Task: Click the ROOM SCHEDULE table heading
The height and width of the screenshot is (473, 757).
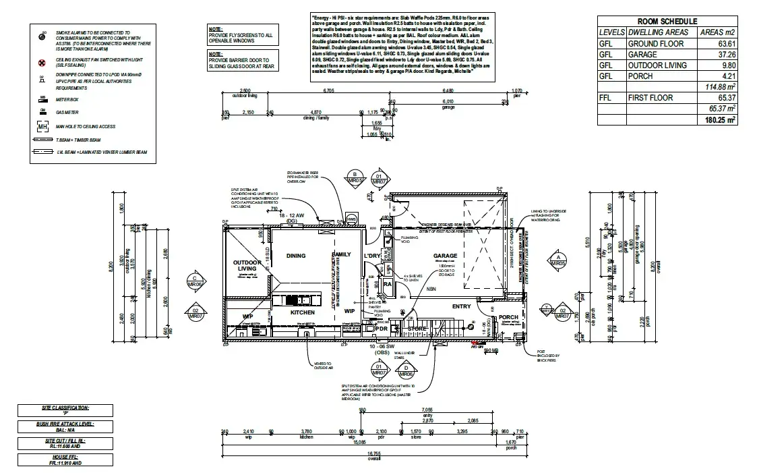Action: click(x=667, y=22)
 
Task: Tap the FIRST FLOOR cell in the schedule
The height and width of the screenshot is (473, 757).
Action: click(x=650, y=98)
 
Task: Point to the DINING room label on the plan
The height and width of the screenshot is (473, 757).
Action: click(x=296, y=256)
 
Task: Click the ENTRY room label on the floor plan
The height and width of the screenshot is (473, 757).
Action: click(x=462, y=306)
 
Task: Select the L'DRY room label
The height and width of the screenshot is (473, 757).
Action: click(x=373, y=256)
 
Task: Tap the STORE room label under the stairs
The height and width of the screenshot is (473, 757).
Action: click(x=417, y=329)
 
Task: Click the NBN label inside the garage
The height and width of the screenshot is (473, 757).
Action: click(x=431, y=289)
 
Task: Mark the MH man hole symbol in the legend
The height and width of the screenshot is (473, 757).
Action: click(x=42, y=127)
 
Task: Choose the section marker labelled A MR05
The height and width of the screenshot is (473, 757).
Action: click(x=557, y=260)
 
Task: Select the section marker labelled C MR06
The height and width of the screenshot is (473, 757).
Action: click(x=195, y=281)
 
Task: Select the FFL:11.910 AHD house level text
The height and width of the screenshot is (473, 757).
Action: click(x=65, y=462)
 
